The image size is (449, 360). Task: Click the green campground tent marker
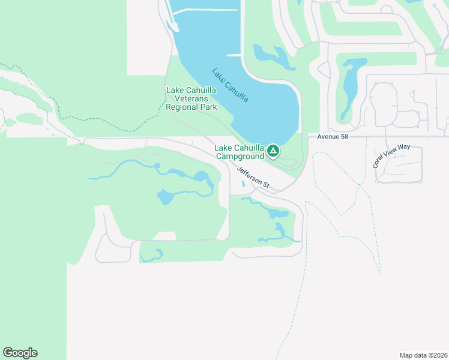point(273,150)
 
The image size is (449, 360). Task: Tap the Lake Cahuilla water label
point(231,86)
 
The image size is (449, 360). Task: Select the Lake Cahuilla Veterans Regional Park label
point(191,98)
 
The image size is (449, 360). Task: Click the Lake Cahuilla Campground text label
point(240,152)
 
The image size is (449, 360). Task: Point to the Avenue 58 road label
point(328,137)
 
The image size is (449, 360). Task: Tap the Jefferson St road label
point(252,179)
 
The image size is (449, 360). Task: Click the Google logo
point(20,353)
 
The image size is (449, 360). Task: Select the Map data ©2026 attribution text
point(423,355)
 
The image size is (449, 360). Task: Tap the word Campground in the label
point(240,157)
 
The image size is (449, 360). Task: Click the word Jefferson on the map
point(249,176)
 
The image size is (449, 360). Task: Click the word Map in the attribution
point(406,355)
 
